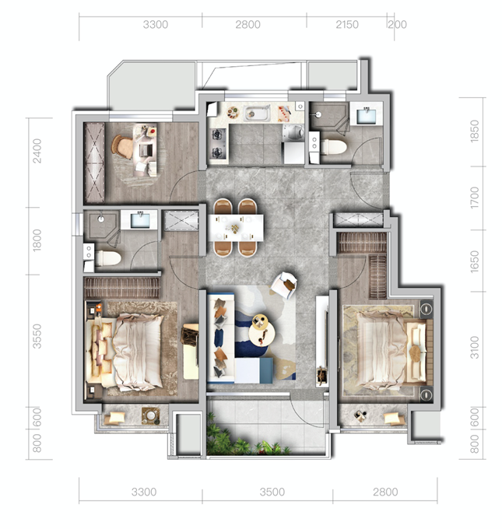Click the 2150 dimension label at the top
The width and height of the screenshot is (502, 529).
[346, 25]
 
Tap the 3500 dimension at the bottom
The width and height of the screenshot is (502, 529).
[272, 492]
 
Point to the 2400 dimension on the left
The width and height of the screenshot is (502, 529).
[37, 151]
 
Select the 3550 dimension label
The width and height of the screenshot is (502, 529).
[37, 336]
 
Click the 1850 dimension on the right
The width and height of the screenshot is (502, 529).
[474, 131]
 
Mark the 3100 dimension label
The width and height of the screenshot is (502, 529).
[474, 347]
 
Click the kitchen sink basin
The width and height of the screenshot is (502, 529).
[257, 113]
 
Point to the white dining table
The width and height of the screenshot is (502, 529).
[236, 228]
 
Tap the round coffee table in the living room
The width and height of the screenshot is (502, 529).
[261, 330]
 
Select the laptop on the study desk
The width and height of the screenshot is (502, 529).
[146, 150]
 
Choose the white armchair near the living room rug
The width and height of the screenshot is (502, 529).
[284, 285]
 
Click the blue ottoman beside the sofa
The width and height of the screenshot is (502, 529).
[254, 370]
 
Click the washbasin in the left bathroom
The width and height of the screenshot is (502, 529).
[140, 220]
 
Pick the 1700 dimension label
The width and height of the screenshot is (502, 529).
[474, 198]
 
